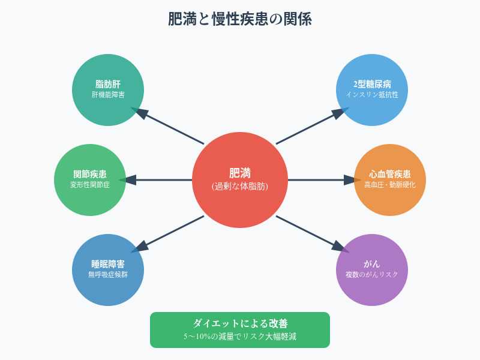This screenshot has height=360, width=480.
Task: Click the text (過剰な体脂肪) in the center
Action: click(240, 187)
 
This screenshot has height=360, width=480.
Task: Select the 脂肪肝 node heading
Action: click(108, 83)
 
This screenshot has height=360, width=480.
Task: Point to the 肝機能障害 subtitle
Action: click(108, 95)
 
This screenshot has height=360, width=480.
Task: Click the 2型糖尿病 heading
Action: click(372, 83)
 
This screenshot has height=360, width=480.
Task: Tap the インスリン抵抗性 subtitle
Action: click(372, 95)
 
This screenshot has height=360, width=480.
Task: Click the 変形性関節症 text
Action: click(90, 185)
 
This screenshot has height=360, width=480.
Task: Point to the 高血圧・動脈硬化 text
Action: click(390, 185)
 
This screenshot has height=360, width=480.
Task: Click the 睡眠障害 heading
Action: click(108, 263)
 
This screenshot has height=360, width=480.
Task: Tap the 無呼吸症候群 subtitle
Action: click(108, 275)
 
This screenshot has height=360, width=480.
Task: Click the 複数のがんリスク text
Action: click(372, 275)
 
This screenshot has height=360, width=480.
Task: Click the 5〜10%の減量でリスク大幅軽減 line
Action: click(240, 337)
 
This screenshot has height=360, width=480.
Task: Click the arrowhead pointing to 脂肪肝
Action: click(140, 112)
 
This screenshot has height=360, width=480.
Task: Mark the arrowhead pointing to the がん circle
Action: click(340, 248)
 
